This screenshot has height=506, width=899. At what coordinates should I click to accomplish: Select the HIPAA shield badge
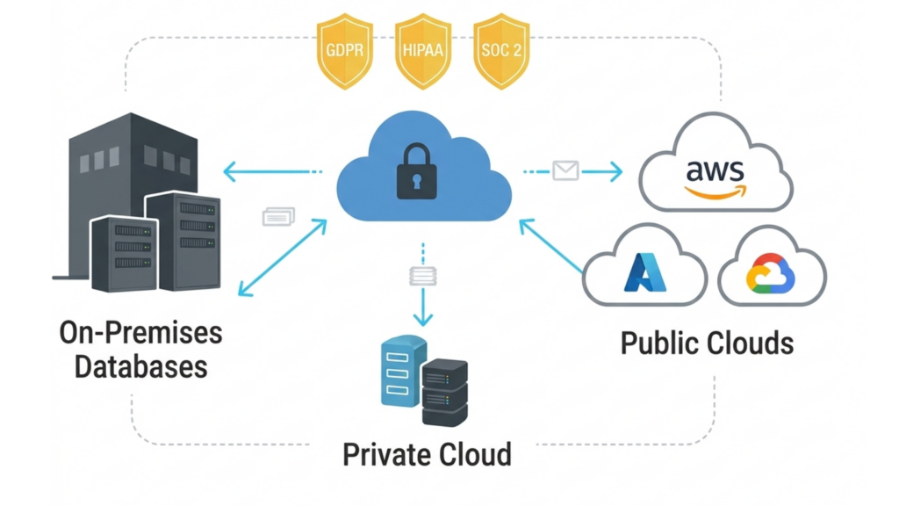point(424,50)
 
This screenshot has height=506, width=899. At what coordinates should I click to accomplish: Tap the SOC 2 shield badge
point(501,50)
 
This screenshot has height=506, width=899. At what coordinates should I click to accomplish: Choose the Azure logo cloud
point(645,267)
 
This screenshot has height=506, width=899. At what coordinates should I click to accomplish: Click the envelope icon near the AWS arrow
point(565,170)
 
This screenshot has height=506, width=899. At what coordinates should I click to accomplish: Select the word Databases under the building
point(140,365)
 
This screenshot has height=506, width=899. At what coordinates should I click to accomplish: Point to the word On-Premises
point(140,333)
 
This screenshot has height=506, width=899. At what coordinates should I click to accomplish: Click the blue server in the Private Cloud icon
point(402,372)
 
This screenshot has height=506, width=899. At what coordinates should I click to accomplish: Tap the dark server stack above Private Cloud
point(445,392)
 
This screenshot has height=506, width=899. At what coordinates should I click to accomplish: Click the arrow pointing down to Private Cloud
point(424,307)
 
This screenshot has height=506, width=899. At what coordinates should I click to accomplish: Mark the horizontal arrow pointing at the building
point(263,171)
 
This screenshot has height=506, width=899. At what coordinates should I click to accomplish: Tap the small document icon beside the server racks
point(279,216)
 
